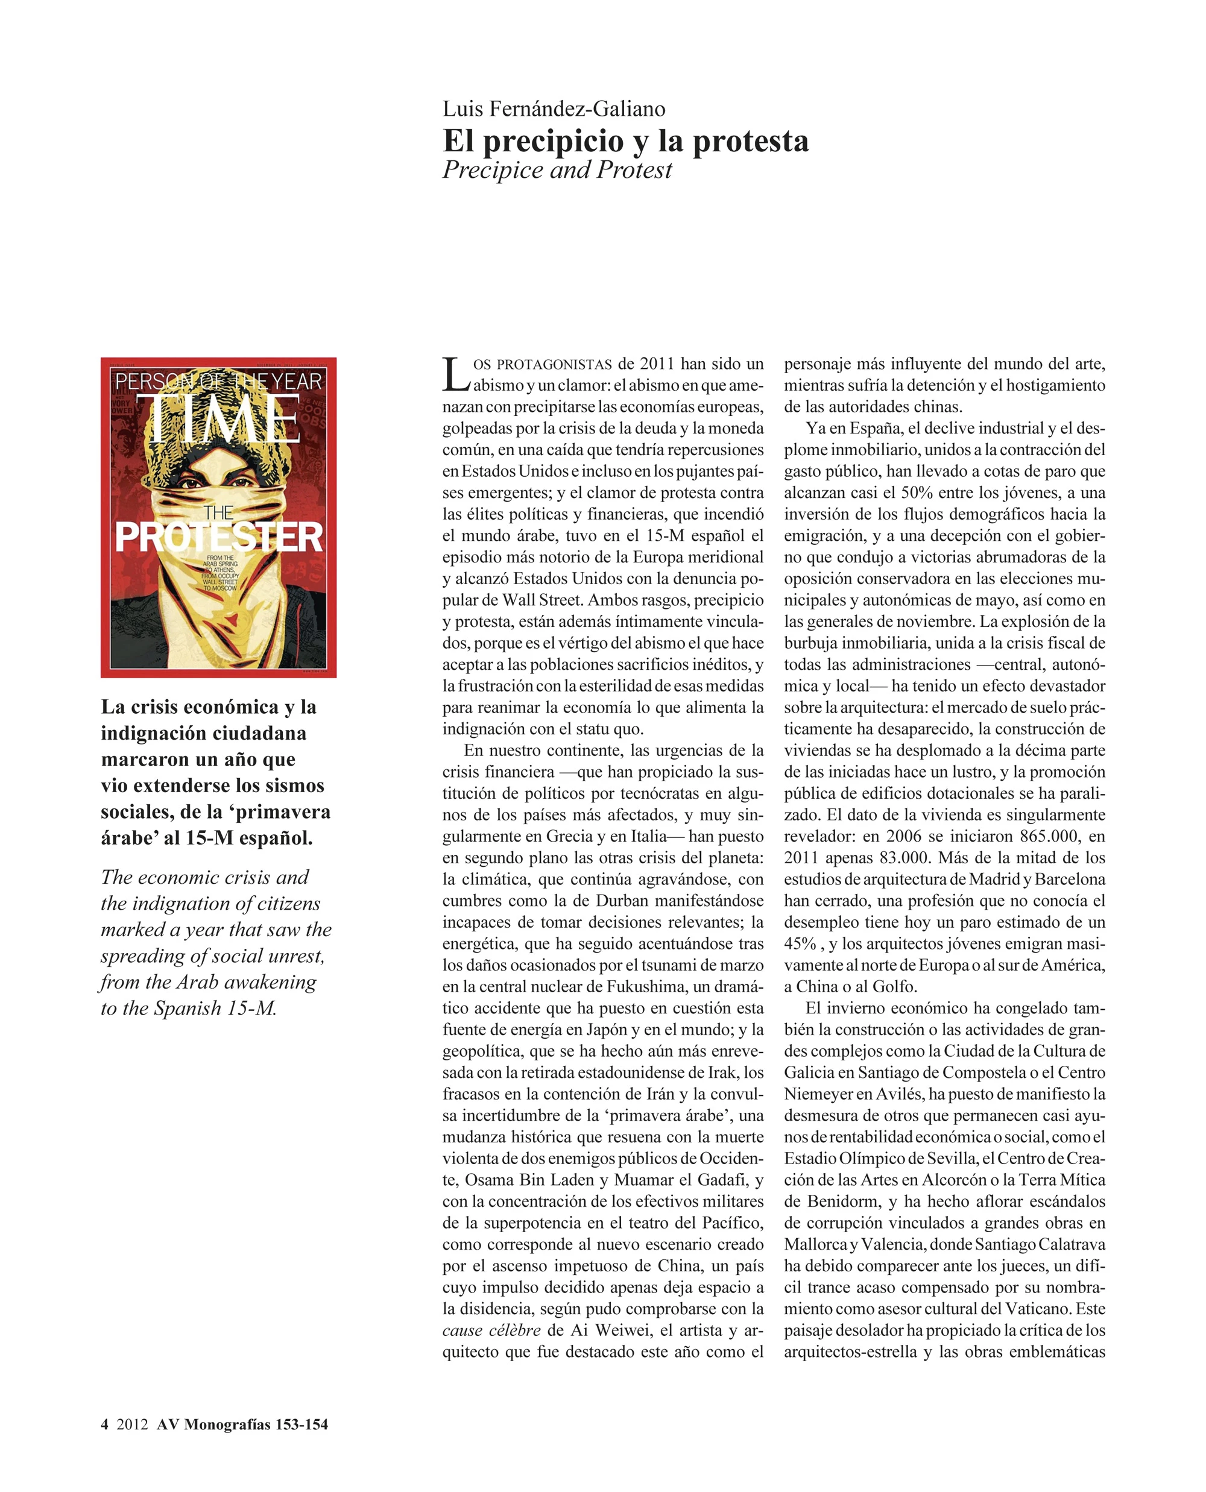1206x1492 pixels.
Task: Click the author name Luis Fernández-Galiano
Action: tap(554, 109)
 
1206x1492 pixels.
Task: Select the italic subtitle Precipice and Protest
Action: tap(557, 170)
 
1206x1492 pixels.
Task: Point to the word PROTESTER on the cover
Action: tap(219, 537)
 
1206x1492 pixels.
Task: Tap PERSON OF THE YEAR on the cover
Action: tap(218, 382)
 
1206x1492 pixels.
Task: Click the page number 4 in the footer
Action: tap(105, 1424)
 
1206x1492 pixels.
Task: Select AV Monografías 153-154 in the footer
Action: tap(242, 1424)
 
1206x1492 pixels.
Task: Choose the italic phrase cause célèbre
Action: tap(491, 1329)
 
